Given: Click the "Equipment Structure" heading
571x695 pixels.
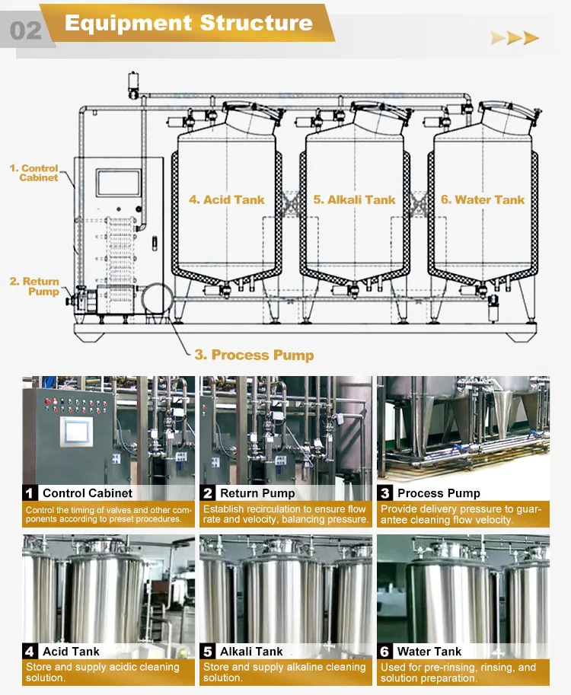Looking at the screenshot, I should click(x=189, y=22).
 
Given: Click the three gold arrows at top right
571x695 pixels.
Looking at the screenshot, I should click(x=515, y=38).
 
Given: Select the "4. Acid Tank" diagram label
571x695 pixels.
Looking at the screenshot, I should click(x=227, y=199).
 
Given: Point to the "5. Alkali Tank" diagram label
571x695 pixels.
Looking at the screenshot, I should click(x=354, y=199).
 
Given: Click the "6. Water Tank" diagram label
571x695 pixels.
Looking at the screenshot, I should click(x=482, y=199).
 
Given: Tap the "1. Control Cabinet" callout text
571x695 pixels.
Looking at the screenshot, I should click(x=34, y=173).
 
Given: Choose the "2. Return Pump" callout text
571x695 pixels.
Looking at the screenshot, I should click(x=34, y=286).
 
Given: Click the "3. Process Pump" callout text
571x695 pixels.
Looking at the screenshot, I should click(x=254, y=355).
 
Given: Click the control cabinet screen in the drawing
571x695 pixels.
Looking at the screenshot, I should click(x=118, y=183).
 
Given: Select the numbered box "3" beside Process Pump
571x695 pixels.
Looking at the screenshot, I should click(x=385, y=493).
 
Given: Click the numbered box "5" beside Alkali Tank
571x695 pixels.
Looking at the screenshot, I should click(x=208, y=652).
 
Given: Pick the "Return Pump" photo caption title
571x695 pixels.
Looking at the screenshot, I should click(x=257, y=493).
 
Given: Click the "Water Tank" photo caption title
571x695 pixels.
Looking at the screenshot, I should click(x=429, y=652).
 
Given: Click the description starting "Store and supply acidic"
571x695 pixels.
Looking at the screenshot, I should click(x=102, y=672).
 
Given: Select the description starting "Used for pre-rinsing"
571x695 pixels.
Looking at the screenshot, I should click(x=458, y=672).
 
